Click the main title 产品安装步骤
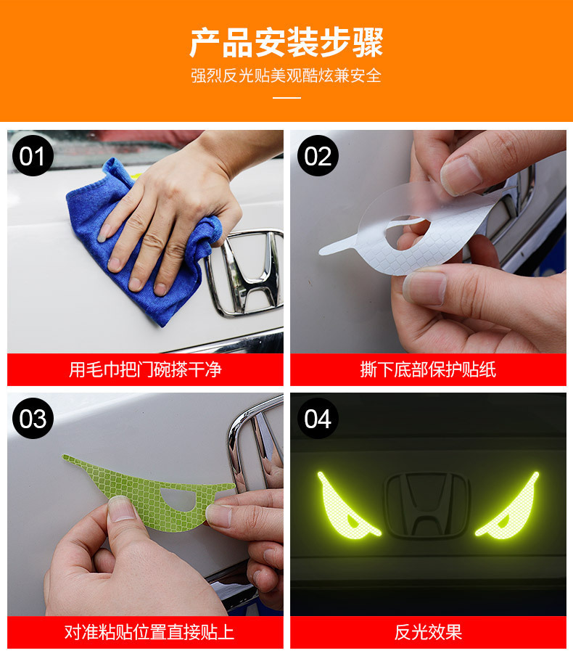(x=286, y=42)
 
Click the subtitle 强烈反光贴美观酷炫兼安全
(x=286, y=75)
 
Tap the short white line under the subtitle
(x=286, y=97)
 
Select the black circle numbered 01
(x=33, y=155)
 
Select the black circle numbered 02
(x=318, y=155)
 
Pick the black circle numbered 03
(x=33, y=418)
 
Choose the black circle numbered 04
(x=318, y=418)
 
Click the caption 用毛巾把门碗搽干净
(x=145, y=369)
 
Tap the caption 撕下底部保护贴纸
(x=428, y=369)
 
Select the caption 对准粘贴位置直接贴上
(x=149, y=632)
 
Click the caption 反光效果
(x=428, y=632)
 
